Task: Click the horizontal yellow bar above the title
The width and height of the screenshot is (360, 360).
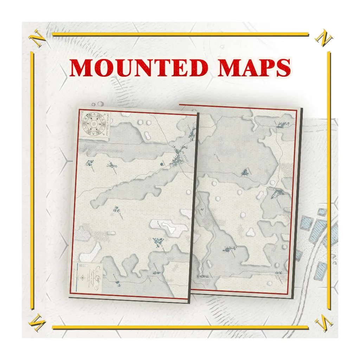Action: [x=180, y=34]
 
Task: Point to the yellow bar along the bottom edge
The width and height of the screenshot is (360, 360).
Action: [x=180, y=328]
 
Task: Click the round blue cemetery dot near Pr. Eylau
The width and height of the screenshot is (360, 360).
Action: [x=162, y=163]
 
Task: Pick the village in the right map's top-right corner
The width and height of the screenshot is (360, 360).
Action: [x=282, y=125]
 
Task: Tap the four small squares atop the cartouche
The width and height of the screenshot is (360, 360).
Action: [x=81, y=264]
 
